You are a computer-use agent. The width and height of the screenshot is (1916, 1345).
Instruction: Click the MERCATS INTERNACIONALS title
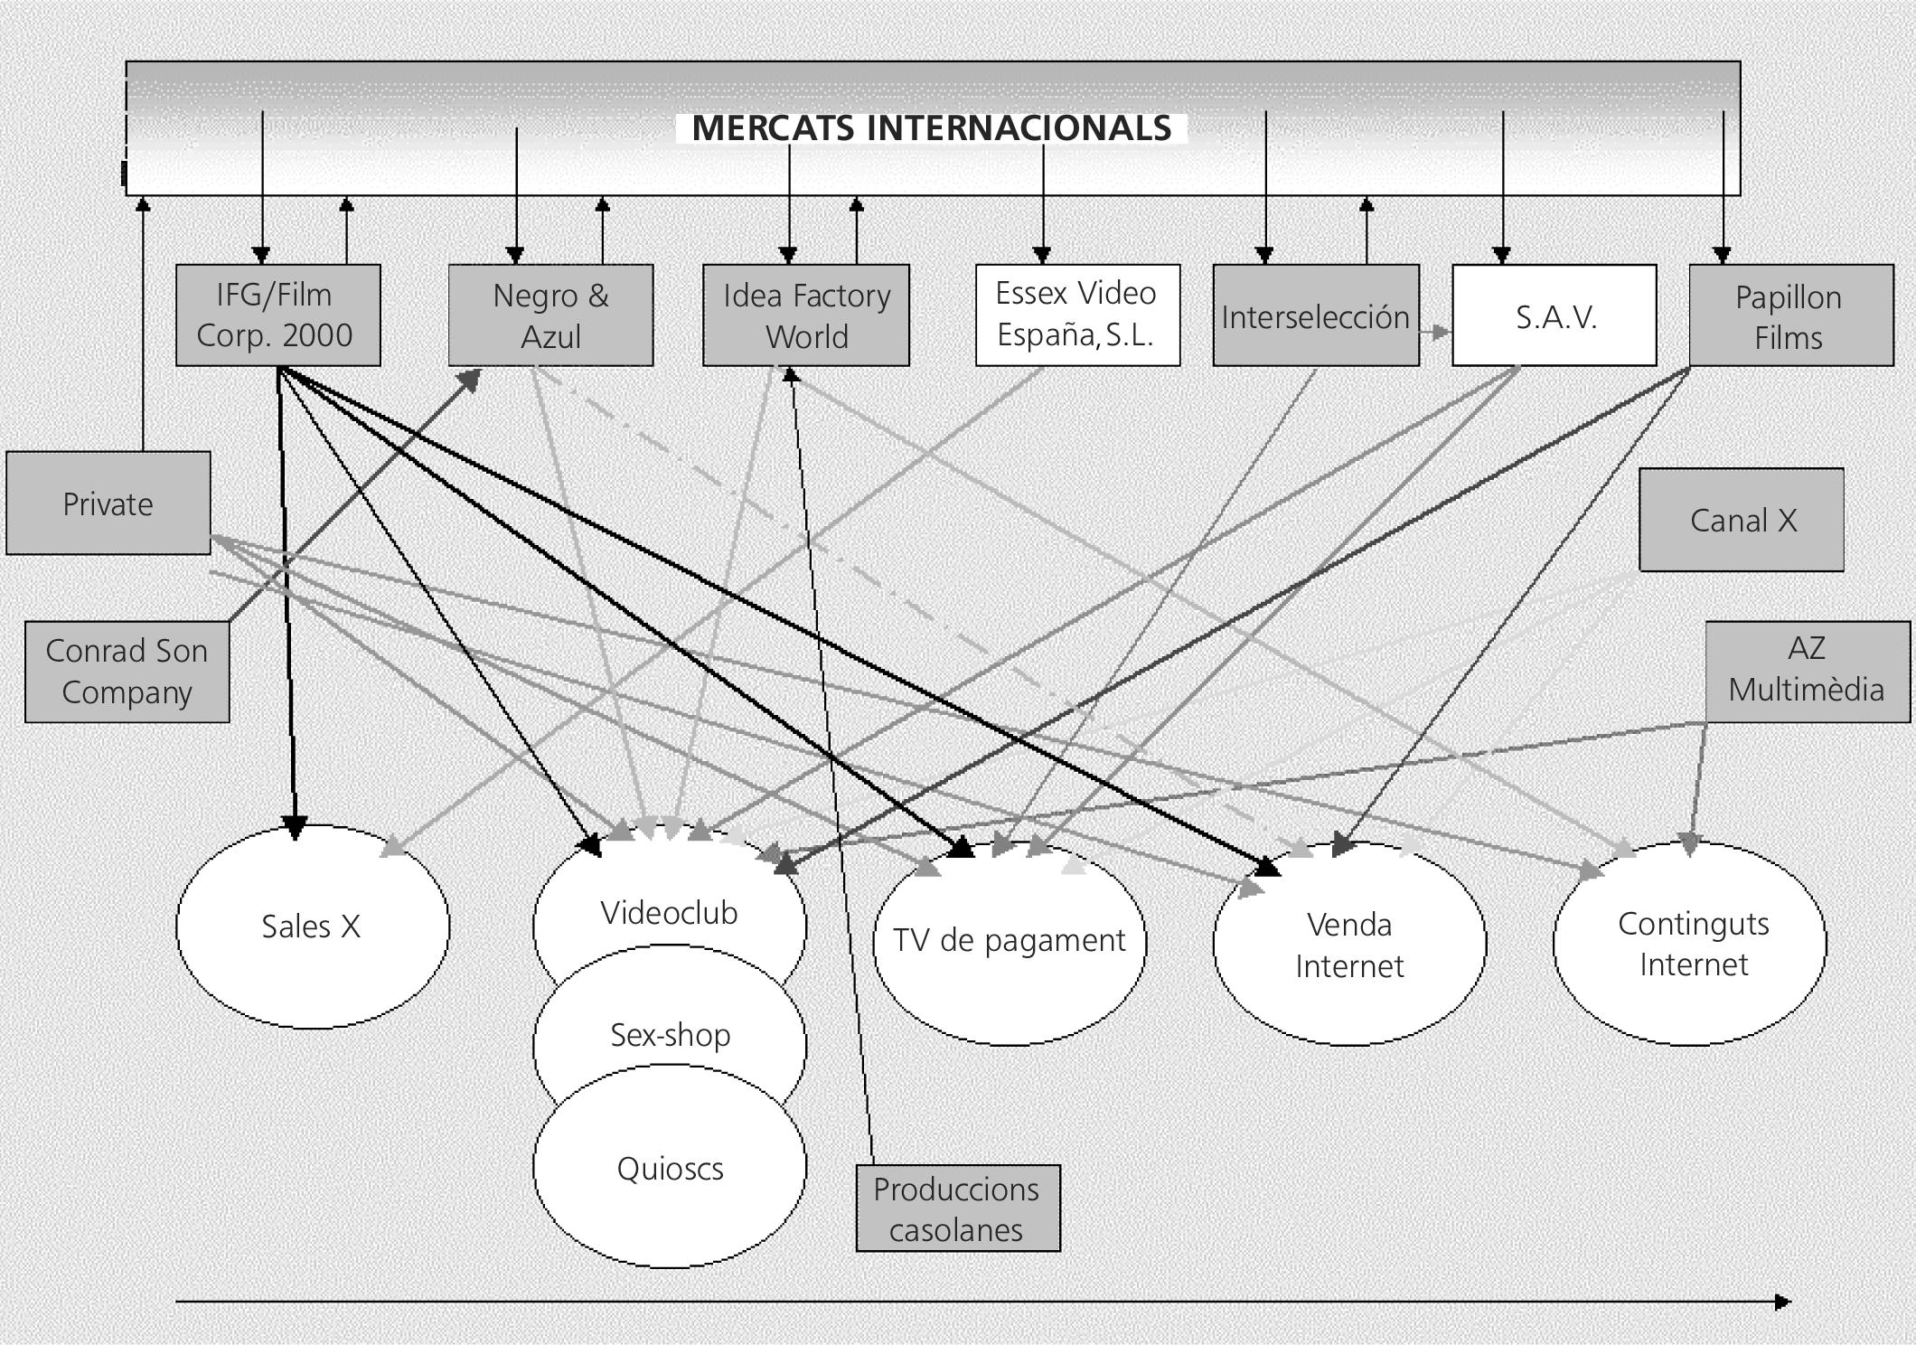pos(932,128)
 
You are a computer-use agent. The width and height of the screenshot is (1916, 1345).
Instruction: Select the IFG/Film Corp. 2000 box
pos(278,315)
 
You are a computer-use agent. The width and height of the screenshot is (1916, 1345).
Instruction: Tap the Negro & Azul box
pos(551,315)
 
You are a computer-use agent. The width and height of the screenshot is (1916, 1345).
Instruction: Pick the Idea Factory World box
pos(806,315)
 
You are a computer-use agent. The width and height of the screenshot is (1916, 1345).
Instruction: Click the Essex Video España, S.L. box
pos(1078,315)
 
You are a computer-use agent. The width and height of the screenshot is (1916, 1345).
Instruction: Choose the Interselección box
pos(1316,315)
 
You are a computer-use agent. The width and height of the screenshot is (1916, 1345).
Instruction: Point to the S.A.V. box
pos(1554,315)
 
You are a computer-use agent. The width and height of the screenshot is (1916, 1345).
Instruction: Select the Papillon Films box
pos(1791,315)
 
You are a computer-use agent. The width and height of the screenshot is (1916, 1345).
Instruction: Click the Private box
pos(108,503)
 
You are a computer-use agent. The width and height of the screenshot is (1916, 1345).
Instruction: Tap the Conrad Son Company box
pos(127,672)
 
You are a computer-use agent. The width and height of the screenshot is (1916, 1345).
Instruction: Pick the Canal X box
pos(1742,520)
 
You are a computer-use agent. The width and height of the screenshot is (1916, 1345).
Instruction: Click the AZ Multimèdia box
pos(1808,672)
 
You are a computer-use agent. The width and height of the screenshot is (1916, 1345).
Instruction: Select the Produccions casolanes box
pos(958,1209)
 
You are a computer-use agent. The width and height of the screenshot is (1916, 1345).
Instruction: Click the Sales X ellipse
pos(313,926)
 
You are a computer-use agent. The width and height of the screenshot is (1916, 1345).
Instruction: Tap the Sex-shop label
pos(671,1035)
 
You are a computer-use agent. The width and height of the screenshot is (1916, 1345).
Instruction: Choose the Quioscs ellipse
pos(670,1166)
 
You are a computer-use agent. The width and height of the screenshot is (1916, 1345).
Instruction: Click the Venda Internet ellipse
pos(1350,944)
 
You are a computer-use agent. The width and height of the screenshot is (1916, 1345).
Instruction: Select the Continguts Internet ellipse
pos(1690,944)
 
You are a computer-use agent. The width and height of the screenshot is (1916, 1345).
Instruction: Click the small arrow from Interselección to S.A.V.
pos(1435,332)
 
